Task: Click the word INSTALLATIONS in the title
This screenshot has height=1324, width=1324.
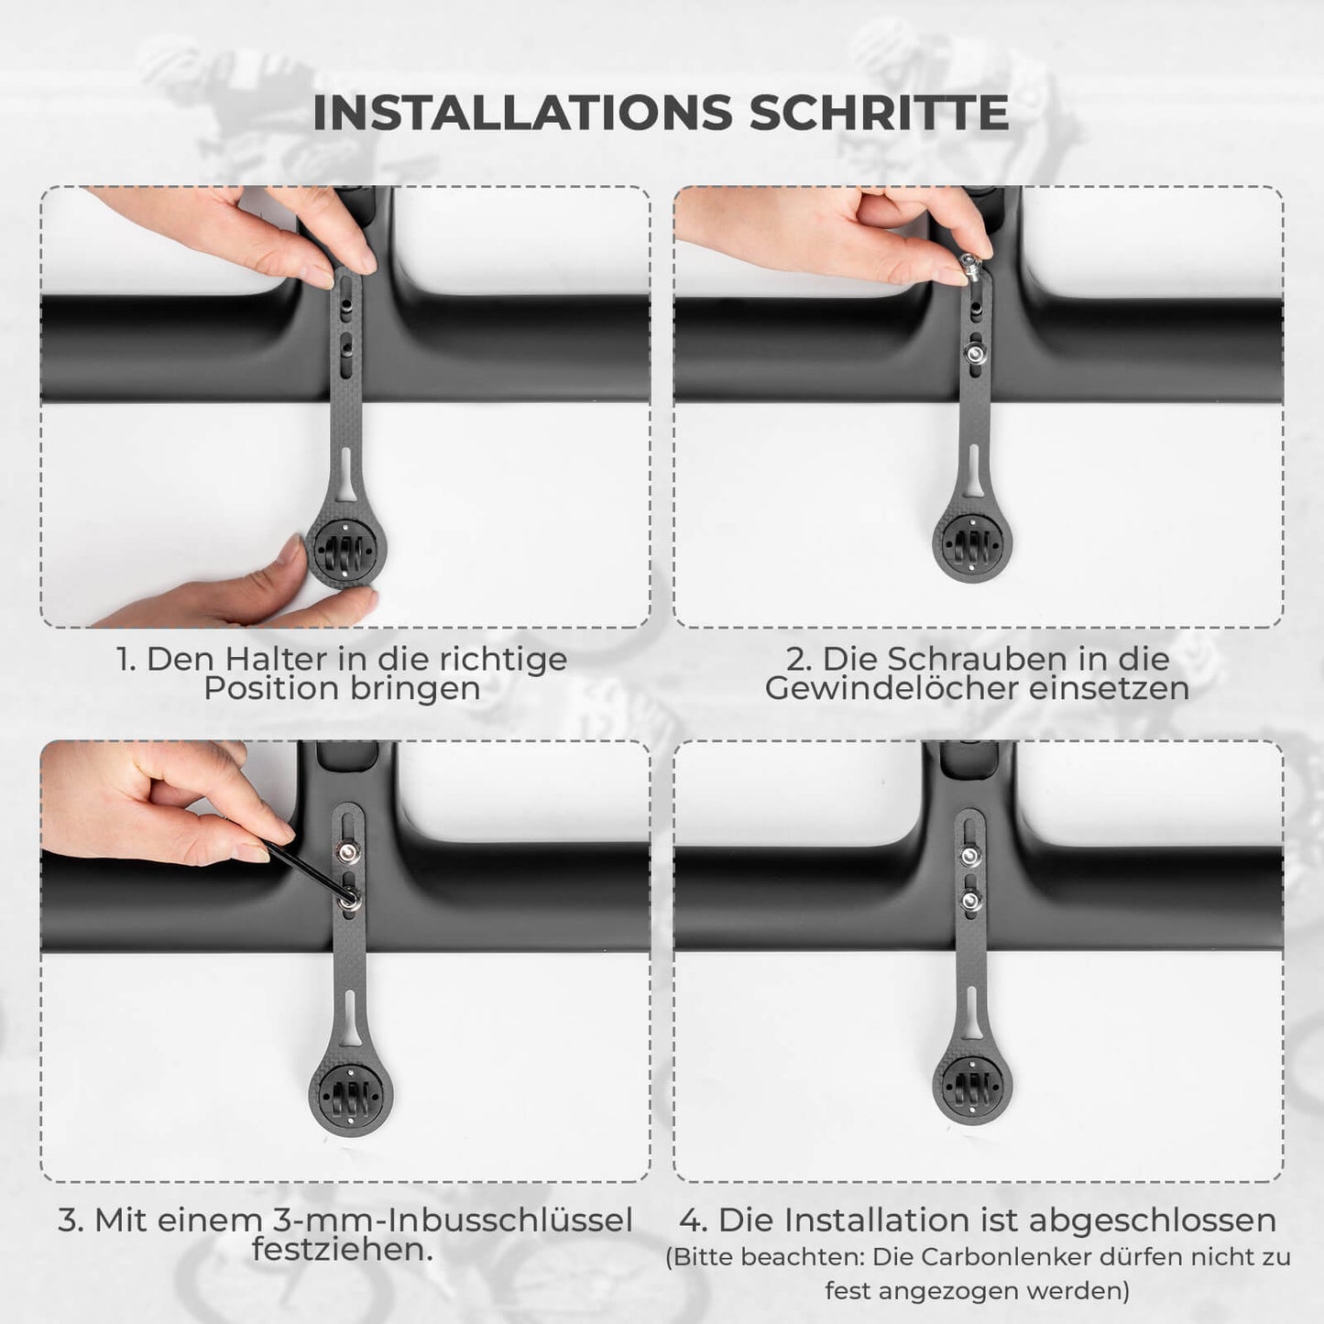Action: [x=523, y=113]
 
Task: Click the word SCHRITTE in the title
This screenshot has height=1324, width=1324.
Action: [x=879, y=113]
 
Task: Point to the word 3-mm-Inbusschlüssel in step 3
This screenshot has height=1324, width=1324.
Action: [x=452, y=1220]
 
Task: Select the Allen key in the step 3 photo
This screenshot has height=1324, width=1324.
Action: [x=308, y=872]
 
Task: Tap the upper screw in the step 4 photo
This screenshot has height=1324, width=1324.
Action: [x=969, y=856]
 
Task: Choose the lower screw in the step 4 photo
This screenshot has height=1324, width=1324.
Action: [x=970, y=900]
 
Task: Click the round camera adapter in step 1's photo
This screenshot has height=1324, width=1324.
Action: [x=345, y=551]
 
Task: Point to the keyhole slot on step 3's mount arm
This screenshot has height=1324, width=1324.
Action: [x=350, y=1019]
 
